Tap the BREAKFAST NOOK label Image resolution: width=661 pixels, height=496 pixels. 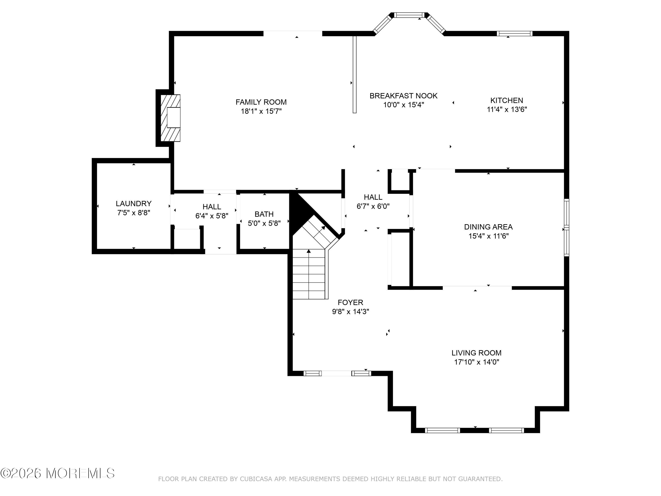coord(403,96)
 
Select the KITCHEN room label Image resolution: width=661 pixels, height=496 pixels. coord(507,101)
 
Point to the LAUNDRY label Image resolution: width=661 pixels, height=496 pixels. coord(134,204)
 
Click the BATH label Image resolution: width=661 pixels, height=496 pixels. coord(264,214)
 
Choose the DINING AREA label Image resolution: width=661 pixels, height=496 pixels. coord(488,227)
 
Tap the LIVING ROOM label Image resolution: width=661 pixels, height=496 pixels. coord(476,353)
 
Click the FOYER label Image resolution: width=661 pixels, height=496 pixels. coord(350,302)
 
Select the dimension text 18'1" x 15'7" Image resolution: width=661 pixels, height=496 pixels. coord(261,111)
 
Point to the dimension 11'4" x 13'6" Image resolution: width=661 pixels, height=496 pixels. coord(507,109)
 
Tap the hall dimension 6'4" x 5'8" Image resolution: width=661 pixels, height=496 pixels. coord(212,216)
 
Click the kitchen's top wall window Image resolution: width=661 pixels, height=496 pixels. coord(514,34)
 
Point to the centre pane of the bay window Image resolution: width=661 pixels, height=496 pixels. coord(409,15)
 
